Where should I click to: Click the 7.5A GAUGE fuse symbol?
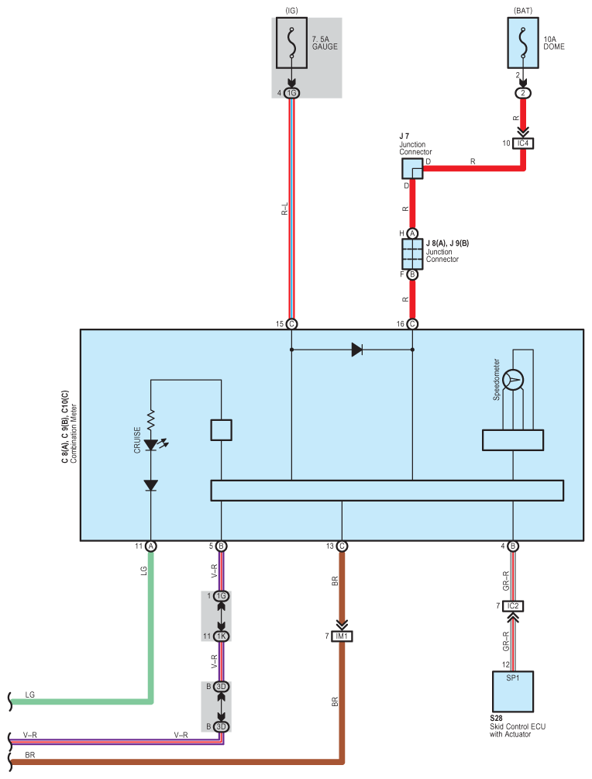point(291,43)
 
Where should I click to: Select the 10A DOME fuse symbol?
point(522,43)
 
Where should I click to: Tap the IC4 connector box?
point(523,143)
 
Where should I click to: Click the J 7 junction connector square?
point(412,169)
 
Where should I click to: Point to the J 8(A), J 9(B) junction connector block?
point(412,254)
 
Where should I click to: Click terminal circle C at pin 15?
point(291,324)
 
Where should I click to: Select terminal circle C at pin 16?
point(412,324)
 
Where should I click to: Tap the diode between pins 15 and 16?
point(356,350)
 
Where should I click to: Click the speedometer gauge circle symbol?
point(513,380)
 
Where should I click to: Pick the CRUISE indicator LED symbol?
point(151,445)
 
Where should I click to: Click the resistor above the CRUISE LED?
point(151,420)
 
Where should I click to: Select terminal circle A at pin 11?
point(151,546)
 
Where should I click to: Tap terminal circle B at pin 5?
point(222,546)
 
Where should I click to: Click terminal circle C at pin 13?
point(342,546)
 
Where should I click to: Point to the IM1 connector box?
point(342,636)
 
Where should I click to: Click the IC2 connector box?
point(513,606)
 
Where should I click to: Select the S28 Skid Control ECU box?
point(513,691)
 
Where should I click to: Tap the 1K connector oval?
point(222,636)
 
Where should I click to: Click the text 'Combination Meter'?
point(74,433)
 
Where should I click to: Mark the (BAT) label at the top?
point(523,10)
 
